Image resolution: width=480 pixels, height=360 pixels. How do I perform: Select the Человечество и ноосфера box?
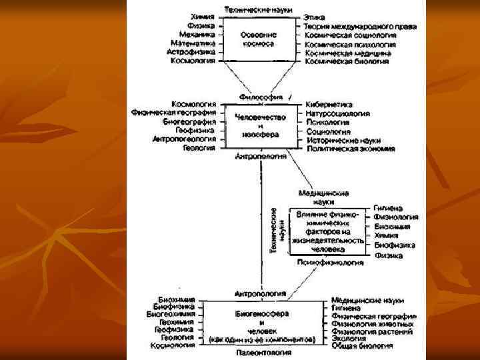(x=261, y=125)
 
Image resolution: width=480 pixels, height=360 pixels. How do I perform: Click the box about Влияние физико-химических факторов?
(x=327, y=231)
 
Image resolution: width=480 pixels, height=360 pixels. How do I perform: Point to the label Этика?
(x=315, y=16)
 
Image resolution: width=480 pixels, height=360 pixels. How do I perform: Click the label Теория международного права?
(x=361, y=26)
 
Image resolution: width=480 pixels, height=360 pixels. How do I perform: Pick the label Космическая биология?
(x=347, y=61)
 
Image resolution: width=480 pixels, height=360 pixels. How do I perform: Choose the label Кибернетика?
(x=329, y=105)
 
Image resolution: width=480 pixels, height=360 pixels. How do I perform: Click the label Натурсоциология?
(x=337, y=114)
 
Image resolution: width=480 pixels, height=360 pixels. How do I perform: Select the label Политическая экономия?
(x=351, y=149)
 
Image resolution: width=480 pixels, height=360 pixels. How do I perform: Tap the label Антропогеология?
(x=183, y=139)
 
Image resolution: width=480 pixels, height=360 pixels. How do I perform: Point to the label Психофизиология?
(x=331, y=263)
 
